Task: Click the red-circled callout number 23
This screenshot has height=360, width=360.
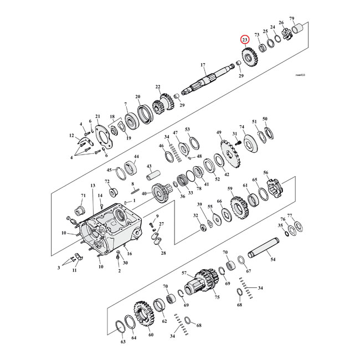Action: pyautogui.click(x=244, y=40)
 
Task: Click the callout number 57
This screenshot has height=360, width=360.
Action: pyautogui.click(x=184, y=274)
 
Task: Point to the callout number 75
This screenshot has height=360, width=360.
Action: pyautogui.click(x=217, y=297)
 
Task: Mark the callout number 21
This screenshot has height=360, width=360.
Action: pyautogui.click(x=97, y=116)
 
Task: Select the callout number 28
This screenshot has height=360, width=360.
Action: pyautogui.click(x=163, y=253)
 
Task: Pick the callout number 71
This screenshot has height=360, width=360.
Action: pyautogui.click(x=84, y=196)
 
